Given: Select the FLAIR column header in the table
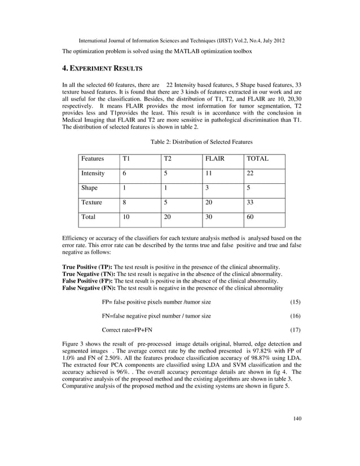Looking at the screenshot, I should coord(214,159).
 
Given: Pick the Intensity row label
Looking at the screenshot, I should coord(93,174).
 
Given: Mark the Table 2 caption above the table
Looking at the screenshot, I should coord(201,142).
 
